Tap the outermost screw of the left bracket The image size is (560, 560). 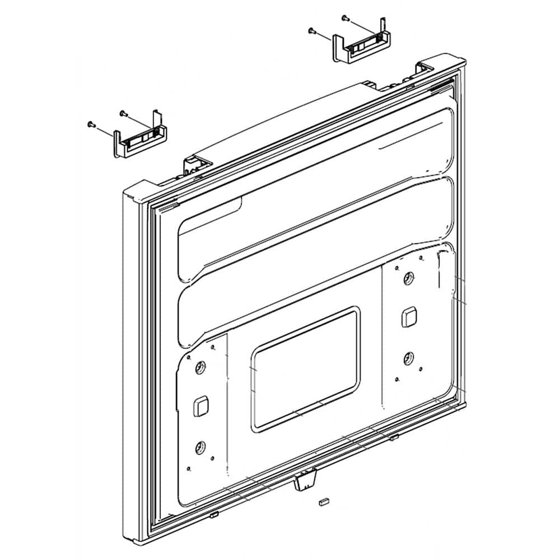pyautogui.click(x=90, y=123)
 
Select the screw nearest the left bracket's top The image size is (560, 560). pyautogui.click(x=122, y=113)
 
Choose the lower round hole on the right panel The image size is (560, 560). pyautogui.click(x=408, y=357)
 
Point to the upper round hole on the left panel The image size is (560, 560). pyautogui.click(x=200, y=368)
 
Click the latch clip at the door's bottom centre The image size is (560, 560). pyautogui.click(x=305, y=480)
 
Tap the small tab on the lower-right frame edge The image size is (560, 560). pyautogui.click(x=394, y=436)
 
